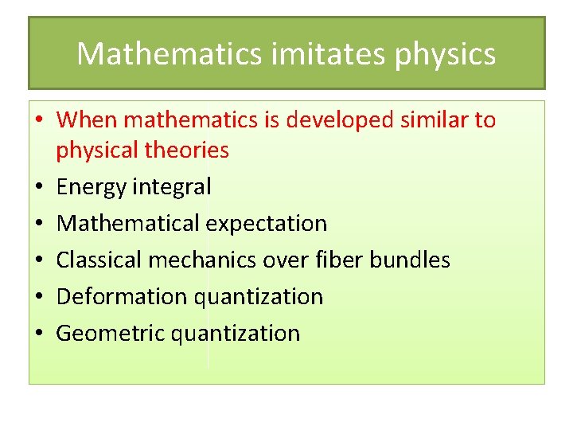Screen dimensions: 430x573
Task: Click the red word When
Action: (x=88, y=120)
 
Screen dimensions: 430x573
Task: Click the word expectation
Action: (x=266, y=224)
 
